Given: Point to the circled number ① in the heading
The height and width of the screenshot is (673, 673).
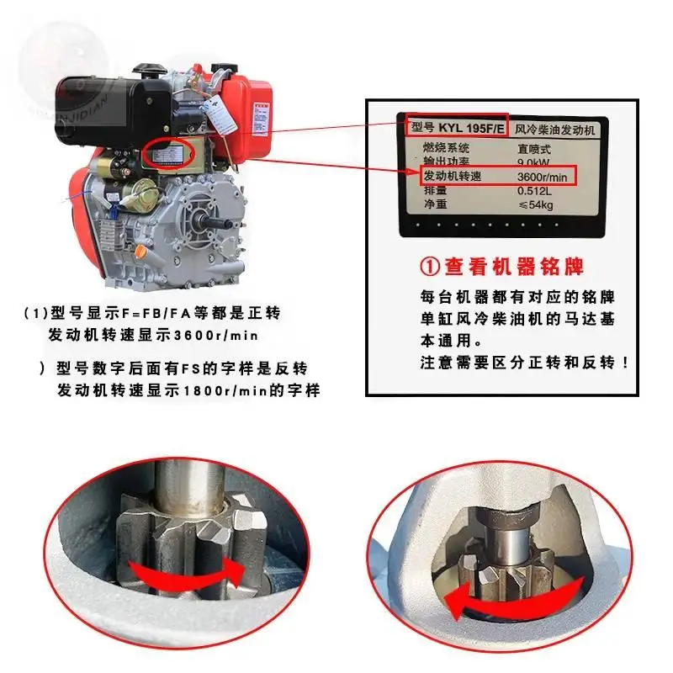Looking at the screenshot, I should click(431, 267).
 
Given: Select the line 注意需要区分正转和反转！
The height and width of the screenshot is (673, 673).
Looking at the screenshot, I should click(525, 363).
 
